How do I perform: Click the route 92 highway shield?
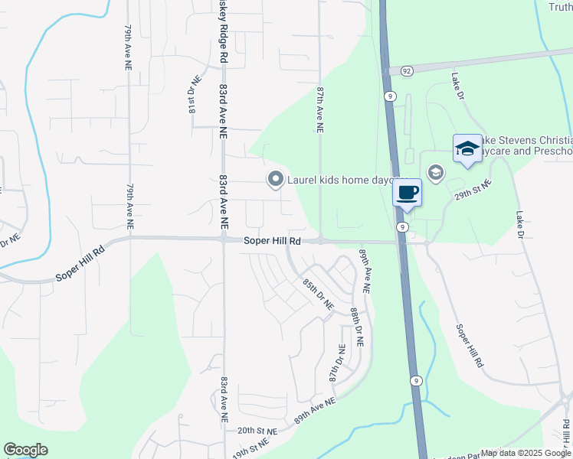[x=406, y=70]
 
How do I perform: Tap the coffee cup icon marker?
[x=408, y=192]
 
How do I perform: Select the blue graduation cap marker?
[x=467, y=149]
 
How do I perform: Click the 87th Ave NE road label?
[x=321, y=111]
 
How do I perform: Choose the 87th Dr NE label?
[x=337, y=363]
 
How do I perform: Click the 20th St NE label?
[x=255, y=431]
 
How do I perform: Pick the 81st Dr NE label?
[x=194, y=95]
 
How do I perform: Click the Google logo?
[x=25, y=450]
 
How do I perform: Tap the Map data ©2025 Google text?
[x=526, y=453]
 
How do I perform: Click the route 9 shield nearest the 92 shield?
[x=391, y=96]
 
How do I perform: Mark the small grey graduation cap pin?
[x=436, y=173]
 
